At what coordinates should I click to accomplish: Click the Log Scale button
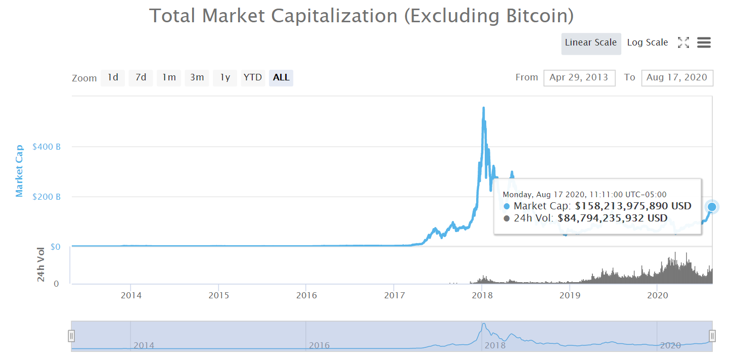pyautogui.click(x=648, y=42)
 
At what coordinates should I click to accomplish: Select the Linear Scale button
pyautogui.click(x=591, y=43)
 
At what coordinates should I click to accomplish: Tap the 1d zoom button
pyautogui.click(x=113, y=77)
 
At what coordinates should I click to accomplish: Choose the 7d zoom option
pyautogui.click(x=141, y=77)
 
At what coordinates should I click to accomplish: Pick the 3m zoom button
pyautogui.click(x=197, y=77)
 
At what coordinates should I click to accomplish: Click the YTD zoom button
pyautogui.click(x=253, y=77)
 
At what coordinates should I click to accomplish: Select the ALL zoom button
pyautogui.click(x=281, y=77)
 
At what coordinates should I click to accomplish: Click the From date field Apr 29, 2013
pyautogui.click(x=579, y=78)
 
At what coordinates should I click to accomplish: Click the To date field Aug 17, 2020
pyautogui.click(x=677, y=78)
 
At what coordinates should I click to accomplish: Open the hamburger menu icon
pyautogui.click(x=704, y=43)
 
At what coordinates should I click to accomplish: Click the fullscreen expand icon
pyautogui.click(x=683, y=43)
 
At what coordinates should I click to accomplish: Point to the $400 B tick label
pyautogui.click(x=47, y=147)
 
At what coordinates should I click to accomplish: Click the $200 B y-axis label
pyautogui.click(x=47, y=197)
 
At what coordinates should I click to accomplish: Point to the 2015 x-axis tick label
pyautogui.click(x=218, y=295)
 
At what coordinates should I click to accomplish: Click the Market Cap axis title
pyautogui.click(x=19, y=171)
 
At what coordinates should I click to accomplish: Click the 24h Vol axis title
pyautogui.click(x=41, y=263)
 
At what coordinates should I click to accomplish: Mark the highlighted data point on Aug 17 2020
pyautogui.click(x=712, y=206)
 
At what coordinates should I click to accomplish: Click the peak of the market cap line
pyautogui.click(x=484, y=108)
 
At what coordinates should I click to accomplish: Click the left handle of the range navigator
pyautogui.click(x=72, y=336)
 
